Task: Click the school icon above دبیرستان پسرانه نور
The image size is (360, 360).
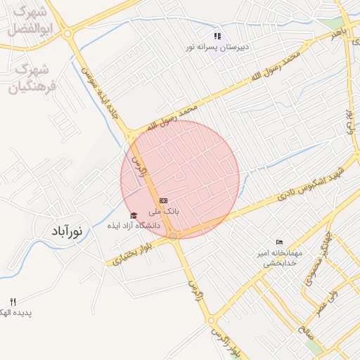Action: pyautogui.click(x=218, y=36)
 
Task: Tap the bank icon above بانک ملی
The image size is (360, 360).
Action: pyautogui.click(x=164, y=200)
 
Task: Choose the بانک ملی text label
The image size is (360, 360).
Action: pyautogui.click(x=164, y=211)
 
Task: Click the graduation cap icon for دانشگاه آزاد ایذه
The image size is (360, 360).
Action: pyautogui.click(x=134, y=215)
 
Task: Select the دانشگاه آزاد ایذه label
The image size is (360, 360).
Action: pyautogui.click(x=134, y=226)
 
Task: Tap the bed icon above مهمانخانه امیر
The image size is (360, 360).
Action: pyautogui.click(x=281, y=243)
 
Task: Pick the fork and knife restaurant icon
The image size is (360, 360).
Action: pyautogui.click(x=13, y=301)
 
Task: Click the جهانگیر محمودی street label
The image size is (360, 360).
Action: pyautogui.click(x=314, y=267)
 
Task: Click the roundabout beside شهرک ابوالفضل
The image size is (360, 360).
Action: pyautogui.click(x=67, y=32)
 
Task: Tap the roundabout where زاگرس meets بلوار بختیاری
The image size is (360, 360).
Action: pyautogui.click(x=174, y=236)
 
